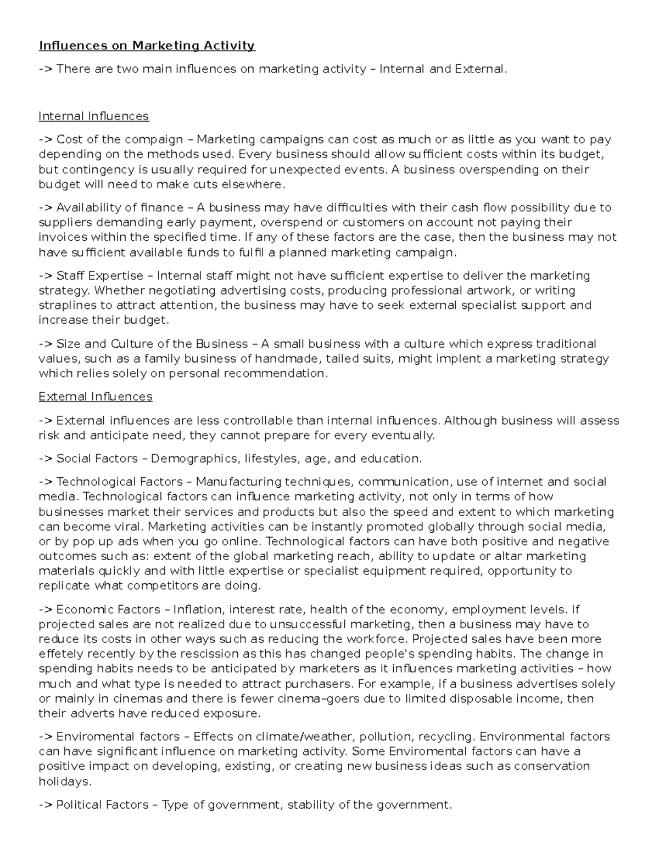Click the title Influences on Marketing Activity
[x=147, y=46]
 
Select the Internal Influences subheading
[x=93, y=116]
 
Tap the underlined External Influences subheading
[x=96, y=397]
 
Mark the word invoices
[x=62, y=238]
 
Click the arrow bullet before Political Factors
[x=46, y=805]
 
